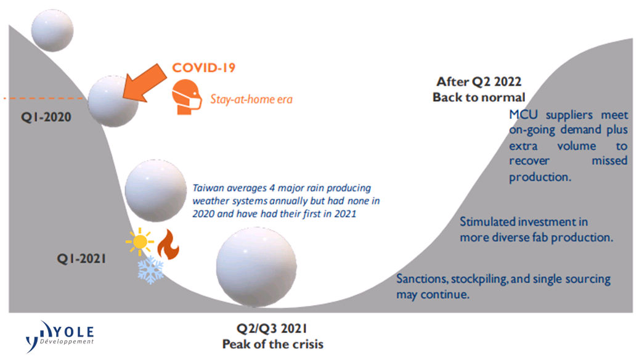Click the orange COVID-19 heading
coord(203,67)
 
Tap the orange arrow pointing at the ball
coord(145,83)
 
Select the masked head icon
coord(187,97)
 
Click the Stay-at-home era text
coord(251,99)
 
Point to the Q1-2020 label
coord(46,117)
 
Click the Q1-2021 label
coord(81,258)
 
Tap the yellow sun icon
coord(140,242)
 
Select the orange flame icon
coord(168,244)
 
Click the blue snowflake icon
coord(151,270)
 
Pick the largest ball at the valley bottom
coord(256,267)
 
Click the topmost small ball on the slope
coord(52,31)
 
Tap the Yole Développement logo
coord(60,336)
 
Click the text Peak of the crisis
coord(272,344)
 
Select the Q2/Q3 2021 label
coord(272,329)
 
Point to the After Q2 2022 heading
coord(479,81)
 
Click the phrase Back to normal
coord(479,97)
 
